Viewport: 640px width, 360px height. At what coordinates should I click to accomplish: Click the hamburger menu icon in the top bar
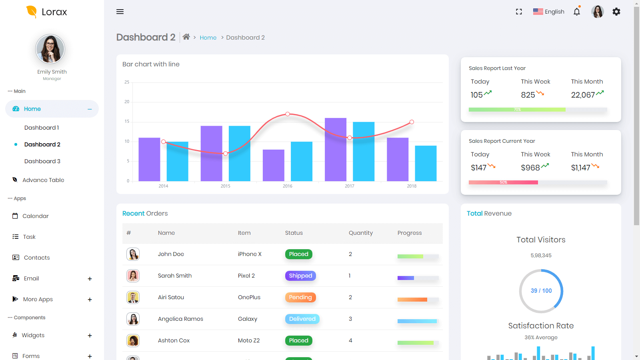[x=120, y=12]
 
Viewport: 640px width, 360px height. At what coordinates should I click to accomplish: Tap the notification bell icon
[x=576, y=12]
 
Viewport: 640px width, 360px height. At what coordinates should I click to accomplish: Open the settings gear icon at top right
[x=616, y=12]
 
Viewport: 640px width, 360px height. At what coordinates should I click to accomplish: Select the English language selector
[x=549, y=12]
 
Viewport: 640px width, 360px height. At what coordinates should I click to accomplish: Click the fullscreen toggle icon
[x=519, y=12]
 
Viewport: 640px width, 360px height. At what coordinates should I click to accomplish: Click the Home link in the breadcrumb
[x=208, y=38]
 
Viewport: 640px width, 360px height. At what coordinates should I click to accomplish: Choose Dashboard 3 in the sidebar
[x=42, y=161]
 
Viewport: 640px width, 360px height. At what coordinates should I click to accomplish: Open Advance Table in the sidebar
[x=43, y=180]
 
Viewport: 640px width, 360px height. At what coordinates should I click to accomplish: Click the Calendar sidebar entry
[x=35, y=216]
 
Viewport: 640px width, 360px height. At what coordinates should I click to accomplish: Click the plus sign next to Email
[x=90, y=279]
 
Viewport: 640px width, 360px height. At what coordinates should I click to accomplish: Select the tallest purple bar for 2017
[x=335, y=149]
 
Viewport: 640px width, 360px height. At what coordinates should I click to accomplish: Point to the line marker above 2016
[x=288, y=114]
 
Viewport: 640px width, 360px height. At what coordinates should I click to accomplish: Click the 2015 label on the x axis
[x=225, y=186]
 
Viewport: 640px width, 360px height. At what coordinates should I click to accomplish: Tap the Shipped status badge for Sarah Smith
[x=300, y=276]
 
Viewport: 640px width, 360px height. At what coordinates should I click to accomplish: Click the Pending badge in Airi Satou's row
[x=300, y=297]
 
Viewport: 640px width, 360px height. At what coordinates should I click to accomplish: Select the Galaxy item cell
[x=247, y=319]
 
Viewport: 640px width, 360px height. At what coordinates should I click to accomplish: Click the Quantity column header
[x=360, y=233]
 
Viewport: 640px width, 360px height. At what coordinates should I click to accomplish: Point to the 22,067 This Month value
[x=583, y=95]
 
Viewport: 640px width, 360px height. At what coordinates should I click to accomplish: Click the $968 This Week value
[x=530, y=168]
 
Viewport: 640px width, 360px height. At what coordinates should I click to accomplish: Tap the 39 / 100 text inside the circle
[x=541, y=291]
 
